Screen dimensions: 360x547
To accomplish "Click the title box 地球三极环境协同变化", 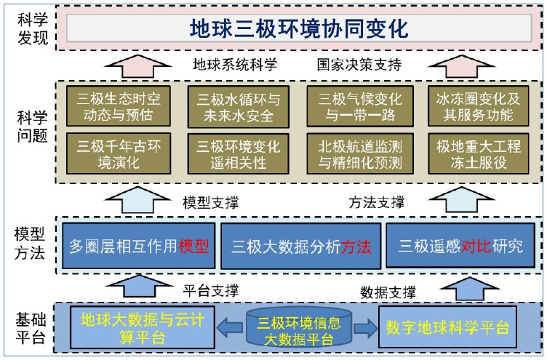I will click(299, 28).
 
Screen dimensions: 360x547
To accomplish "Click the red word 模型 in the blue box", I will click(194, 246).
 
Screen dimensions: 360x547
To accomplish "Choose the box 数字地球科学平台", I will click(447, 325).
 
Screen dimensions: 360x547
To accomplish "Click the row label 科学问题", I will click(32, 125).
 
